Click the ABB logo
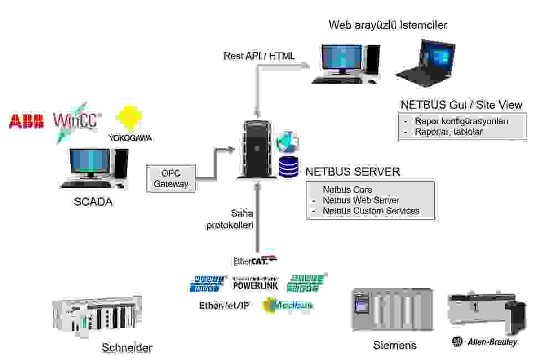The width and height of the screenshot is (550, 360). coord(26,121)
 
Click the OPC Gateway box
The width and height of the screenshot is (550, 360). coord(172,178)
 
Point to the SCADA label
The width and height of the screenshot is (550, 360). coord(93,202)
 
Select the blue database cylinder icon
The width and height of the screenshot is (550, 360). coord(288,167)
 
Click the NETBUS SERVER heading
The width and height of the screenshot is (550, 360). coord(352,172)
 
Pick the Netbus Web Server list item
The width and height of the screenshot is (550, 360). coord(361,200)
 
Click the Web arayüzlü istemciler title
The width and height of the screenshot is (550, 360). coord(388,25)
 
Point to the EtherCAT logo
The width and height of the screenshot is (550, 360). coord(255,261)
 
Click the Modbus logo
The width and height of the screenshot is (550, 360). coord(287,305)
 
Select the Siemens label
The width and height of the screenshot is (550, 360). coord(394,346)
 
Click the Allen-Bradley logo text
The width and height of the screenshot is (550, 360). coord(492,342)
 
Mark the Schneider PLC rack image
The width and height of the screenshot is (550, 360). coord(97,315)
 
